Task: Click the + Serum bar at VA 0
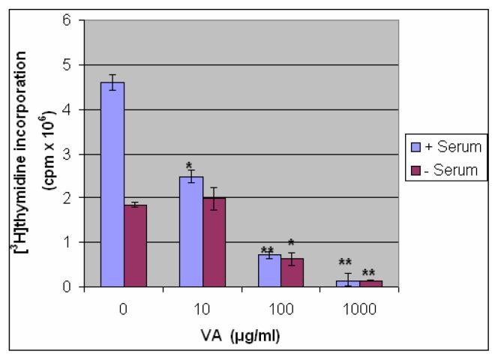point(112,184)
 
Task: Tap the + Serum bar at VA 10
point(191,232)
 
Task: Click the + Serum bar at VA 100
point(269,271)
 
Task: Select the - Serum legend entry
point(442,170)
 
